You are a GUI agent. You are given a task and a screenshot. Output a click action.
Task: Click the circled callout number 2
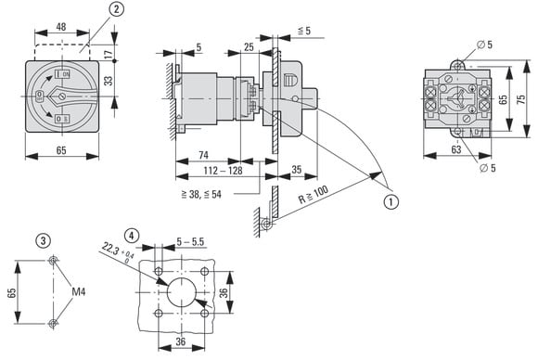pos(117,9)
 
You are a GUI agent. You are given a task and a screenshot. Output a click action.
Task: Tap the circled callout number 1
pos(391,201)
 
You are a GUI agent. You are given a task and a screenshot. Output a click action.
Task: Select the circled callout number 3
pos(43,240)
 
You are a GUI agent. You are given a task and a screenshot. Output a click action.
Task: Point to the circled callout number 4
pos(132,236)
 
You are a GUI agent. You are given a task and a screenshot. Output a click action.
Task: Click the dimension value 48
pos(61,27)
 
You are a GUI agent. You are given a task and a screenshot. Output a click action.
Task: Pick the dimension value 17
pos(109,54)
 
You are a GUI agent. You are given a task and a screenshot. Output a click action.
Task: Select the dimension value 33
pos(109,81)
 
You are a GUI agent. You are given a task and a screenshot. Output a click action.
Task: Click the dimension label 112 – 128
pos(223,171)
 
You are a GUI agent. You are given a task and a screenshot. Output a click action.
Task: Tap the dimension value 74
pos(203,155)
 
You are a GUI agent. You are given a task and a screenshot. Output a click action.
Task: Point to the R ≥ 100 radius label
pos(313,195)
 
